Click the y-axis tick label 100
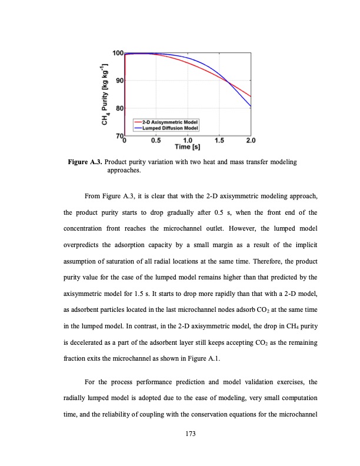116,54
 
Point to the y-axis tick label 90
118,81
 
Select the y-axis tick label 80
118,108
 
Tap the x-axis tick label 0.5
156,141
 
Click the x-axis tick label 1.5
219,141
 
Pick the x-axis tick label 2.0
251,141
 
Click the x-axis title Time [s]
188,147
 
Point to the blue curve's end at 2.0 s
251,106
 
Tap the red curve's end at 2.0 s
251,96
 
